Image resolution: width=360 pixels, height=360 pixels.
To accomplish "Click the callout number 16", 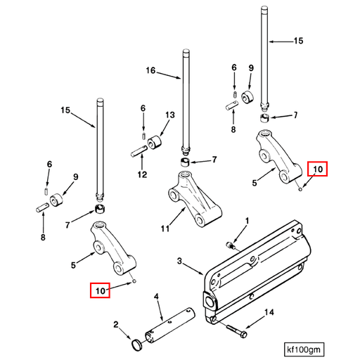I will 150,71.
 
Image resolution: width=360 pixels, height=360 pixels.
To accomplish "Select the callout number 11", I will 165,229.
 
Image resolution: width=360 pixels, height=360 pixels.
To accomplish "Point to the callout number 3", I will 179,261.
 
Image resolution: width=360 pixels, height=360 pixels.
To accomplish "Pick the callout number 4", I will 157,297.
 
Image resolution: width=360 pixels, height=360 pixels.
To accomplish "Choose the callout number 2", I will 117,324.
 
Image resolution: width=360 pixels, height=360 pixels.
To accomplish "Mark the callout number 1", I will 247,221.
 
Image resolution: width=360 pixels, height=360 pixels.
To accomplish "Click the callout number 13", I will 169,115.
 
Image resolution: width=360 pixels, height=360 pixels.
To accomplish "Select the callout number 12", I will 141,174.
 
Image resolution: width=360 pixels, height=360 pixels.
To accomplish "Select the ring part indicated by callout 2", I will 138,343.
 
